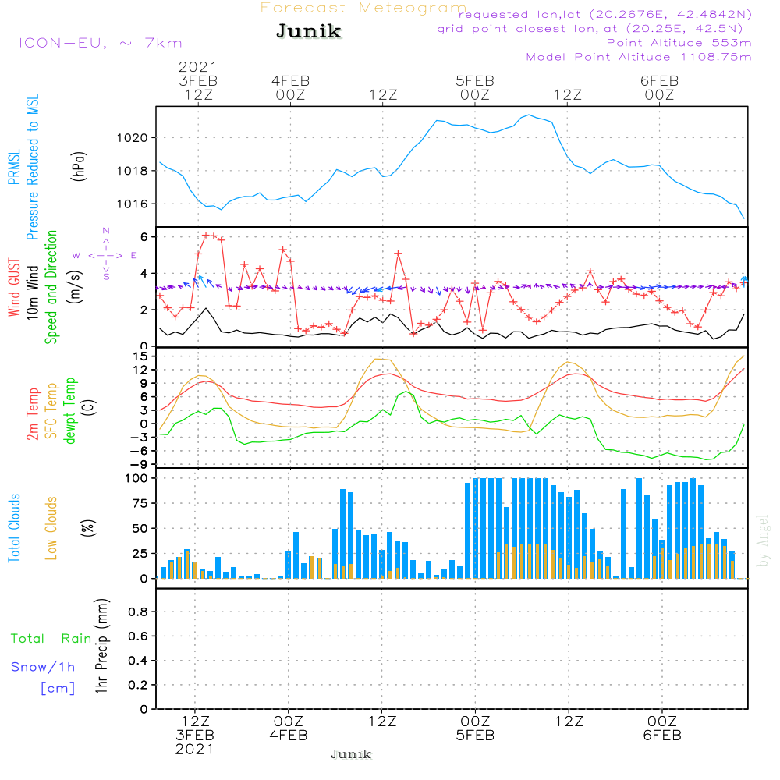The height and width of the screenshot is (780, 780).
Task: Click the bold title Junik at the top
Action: coord(308,32)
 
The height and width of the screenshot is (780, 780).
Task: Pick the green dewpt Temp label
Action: coord(71,411)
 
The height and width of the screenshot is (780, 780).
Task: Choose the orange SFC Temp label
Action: coord(51,411)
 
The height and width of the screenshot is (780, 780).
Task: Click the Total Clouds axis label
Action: coord(14,528)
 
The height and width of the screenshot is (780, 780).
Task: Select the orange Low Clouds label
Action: coord(51,528)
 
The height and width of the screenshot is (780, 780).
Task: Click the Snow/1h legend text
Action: coord(43,667)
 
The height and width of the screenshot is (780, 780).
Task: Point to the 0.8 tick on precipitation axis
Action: coord(138,612)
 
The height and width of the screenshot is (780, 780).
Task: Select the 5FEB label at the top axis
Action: coord(475,81)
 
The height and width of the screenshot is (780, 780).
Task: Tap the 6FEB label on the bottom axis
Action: coord(662,736)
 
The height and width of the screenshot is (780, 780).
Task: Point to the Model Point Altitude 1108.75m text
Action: coord(639,57)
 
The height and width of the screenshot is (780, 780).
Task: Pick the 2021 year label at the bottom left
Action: coord(194,750)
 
